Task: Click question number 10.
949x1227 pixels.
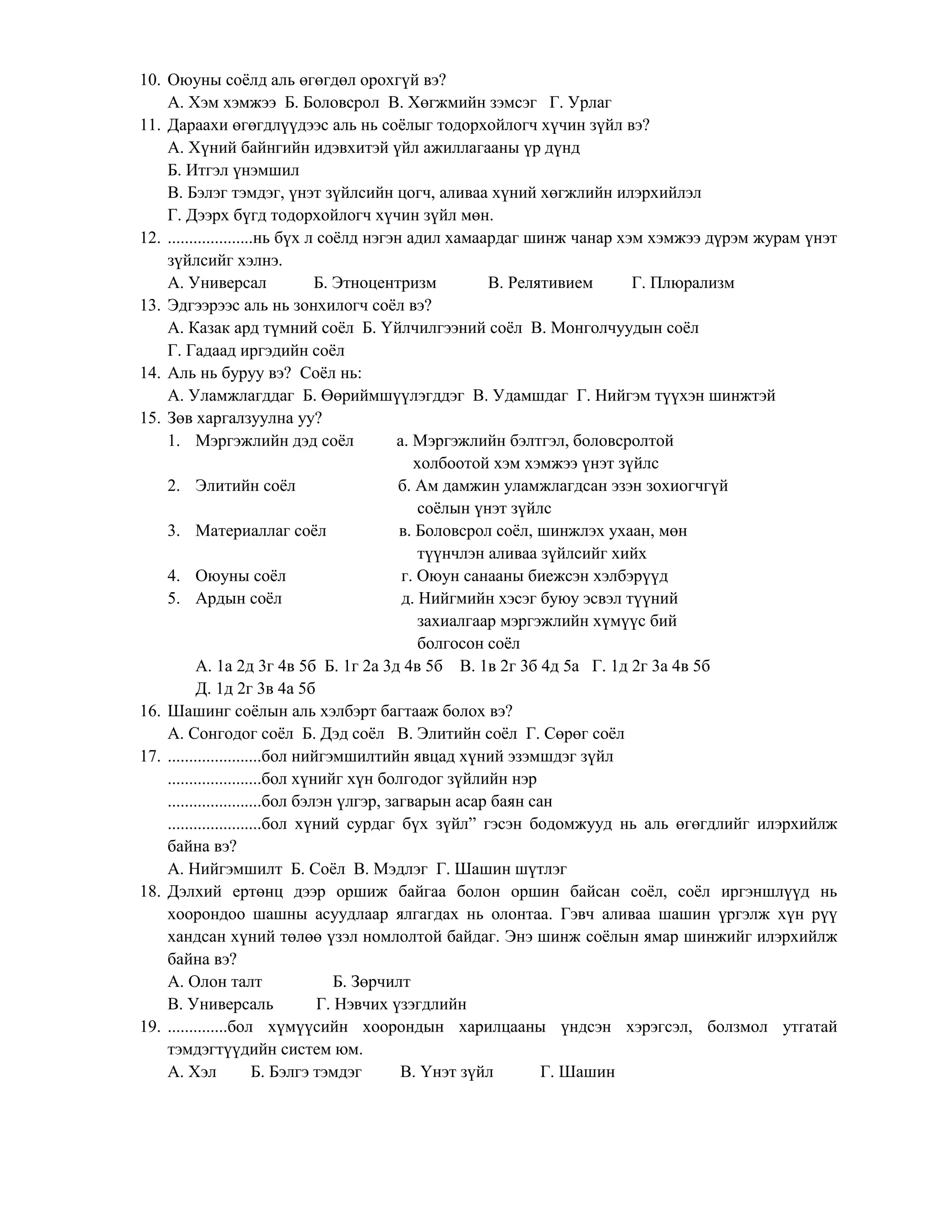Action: click(150, 81)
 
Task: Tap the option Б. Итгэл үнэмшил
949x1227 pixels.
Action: click(234, 170)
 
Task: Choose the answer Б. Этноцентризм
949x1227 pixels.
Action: click(374, 283)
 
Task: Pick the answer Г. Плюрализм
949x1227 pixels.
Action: click(683, 283)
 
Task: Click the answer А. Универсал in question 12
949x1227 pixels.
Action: click(217, 283)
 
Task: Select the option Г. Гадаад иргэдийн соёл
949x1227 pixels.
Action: click(256, 351)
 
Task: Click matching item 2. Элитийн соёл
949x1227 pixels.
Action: click(232, 486)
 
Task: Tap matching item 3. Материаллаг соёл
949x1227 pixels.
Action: click(247, 531)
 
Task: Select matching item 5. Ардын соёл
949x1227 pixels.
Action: click(225, 599)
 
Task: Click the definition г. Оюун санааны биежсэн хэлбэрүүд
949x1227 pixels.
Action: click(534, 576)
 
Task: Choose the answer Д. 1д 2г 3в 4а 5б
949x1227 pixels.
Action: click(255, 689)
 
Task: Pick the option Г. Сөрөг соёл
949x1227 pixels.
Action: click(575, 734)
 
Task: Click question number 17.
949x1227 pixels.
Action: click(150, 757)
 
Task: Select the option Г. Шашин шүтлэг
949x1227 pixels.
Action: click(501, 869)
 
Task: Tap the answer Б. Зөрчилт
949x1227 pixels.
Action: click(371, 982)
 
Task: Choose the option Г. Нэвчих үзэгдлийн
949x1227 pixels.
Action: click(391, 1005)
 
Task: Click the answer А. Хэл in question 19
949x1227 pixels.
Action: click(192, 1072)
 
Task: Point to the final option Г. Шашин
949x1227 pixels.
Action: click(577, 1072)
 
